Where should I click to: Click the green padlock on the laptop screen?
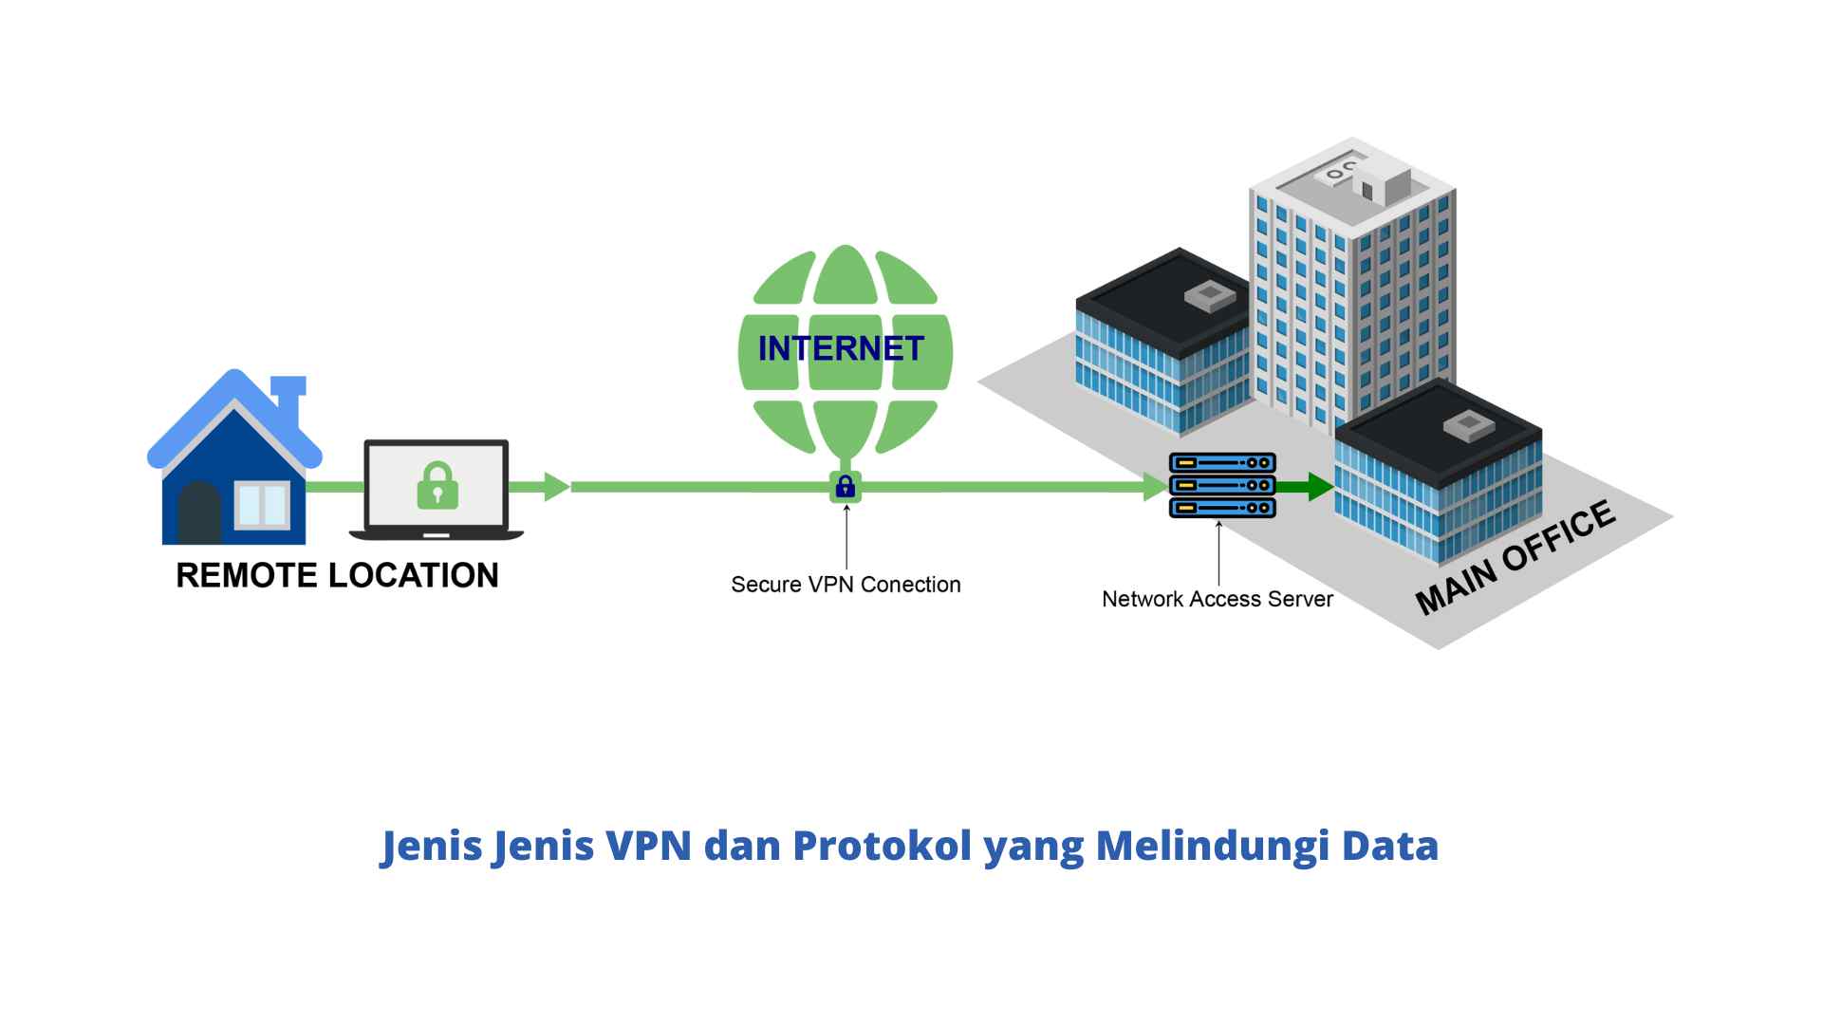[437, 486]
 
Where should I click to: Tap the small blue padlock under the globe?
[846, 487]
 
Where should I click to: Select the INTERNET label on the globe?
[841, 349]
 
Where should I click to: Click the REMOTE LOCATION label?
[337, 575]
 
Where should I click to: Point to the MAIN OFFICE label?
[1515, 558]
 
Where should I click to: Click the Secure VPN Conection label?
[846, 585]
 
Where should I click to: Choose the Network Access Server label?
[1217, 599]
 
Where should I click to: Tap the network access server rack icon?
[1222, 485]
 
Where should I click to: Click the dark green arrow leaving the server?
[1308, 487]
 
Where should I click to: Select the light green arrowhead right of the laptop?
[555, 487]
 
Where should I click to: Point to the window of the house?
[262, 505]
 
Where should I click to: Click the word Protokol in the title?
[882, 846]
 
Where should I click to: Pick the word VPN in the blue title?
[648, 846]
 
